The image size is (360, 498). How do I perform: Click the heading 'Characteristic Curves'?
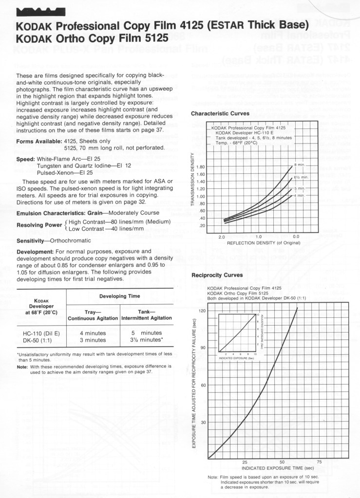[x=220, y=113]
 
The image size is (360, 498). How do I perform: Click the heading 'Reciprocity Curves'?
[x=216, y=275]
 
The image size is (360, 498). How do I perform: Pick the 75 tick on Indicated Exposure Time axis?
[x=319, y=461]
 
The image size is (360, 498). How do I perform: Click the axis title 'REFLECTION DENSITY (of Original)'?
[x=259, y=242]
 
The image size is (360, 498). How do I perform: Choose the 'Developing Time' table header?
[x=119, y=295]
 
